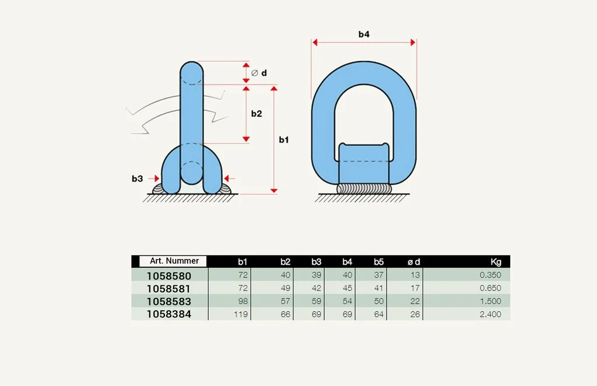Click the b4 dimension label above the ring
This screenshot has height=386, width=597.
(364, 34)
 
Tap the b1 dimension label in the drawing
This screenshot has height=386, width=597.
(284, 140)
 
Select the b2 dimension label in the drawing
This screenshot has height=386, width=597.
(257, 114)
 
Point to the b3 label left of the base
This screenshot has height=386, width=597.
(137, 178)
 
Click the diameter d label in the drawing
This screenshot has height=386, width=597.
(259, 73)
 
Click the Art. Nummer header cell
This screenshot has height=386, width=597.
(173, 261)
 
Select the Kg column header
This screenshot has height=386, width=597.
(496, 262)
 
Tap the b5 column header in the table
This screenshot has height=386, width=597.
(378, 262)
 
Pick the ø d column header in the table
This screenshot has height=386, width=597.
(413, 262)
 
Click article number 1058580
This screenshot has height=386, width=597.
(168, 276)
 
